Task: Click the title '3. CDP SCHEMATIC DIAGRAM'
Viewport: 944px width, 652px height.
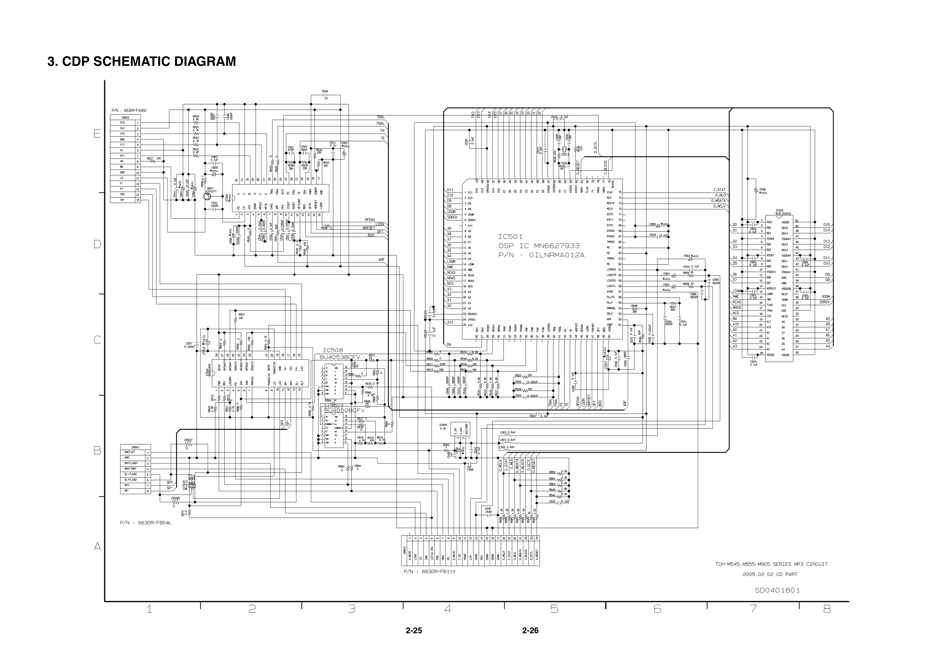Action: [x=142, y=61]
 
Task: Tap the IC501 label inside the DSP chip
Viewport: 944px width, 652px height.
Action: [x=510, y=236]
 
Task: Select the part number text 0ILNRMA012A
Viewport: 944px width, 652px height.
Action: [x=557, y=255]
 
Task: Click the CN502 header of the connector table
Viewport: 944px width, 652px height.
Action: [x=125, y=117]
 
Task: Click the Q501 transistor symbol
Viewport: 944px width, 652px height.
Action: [x=208, y=197]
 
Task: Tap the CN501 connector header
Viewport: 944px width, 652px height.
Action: [x=135, y=447]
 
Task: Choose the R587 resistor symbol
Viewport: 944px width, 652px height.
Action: [x=188, y=445]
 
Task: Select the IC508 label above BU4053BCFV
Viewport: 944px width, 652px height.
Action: [x=333, y=350]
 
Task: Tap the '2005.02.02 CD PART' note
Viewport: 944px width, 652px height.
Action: [x=770, y=574]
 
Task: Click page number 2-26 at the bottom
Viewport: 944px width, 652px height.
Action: [x=530, y=630]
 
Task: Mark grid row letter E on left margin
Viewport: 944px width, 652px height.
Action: [x=97, y=133]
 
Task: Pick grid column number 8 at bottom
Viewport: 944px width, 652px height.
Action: [x=827, y=609]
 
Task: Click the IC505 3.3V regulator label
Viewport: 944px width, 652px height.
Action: [x=443, y=426]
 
